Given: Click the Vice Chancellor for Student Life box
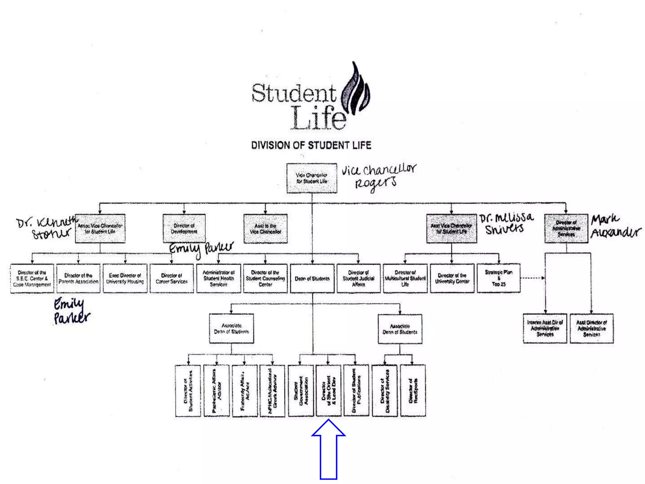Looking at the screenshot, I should click(x=312, y=178).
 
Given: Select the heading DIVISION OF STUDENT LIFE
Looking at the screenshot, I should click(x=311, y=145).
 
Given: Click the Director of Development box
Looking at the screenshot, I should click(x=184, y=229).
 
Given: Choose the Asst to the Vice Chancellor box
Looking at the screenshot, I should click(x=265, y=229).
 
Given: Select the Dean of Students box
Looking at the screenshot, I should click(x=312, y=279).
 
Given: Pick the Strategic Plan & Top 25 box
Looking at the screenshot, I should click(x=499, y=278).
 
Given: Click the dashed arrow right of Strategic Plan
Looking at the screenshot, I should click(x=532, y=278).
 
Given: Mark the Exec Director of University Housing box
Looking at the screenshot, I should click(x=125, y=279).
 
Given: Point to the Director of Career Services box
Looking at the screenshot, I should click(x=172, y=279).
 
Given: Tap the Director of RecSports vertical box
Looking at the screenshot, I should click(x=413, y=391).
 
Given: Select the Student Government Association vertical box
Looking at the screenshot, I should click(x=301, y=391).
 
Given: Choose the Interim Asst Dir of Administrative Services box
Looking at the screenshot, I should click(x=545, y=328).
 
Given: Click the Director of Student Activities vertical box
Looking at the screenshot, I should click(x=188, y=391).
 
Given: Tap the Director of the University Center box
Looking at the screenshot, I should click(x=452, y=279).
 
